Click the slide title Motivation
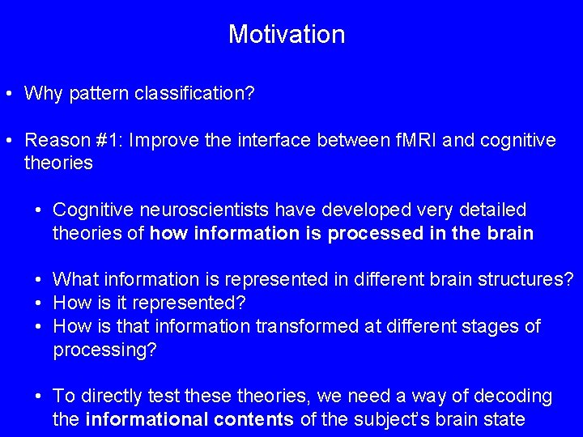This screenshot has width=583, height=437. click(x=287, y=34)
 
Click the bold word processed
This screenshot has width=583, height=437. click(x=371, y=234)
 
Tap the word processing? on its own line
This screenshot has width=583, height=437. click(x=104, y=350)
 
